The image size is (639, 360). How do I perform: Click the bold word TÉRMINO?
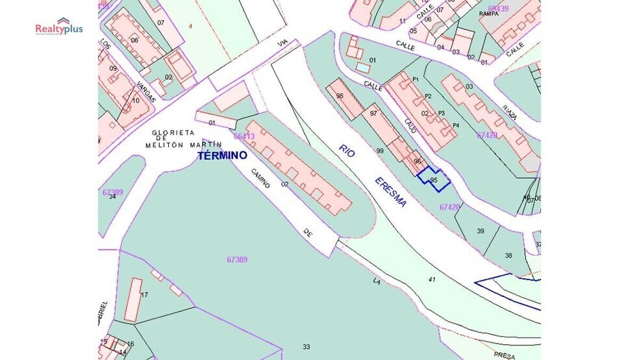tap(222, 156)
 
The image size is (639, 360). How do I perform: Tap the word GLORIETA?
tap(173, 133)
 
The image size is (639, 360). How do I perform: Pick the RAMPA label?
tap(488, 13)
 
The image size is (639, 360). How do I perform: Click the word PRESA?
tap(504, 355)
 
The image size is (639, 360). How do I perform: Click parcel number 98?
tap(339, 96)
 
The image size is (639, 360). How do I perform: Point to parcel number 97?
tap(373, 114)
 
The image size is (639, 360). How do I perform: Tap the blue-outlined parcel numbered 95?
tap(434, 179)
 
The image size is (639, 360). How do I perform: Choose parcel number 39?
tap(481, 231)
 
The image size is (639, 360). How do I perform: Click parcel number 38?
tap(508, 255)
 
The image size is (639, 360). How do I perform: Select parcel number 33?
tap(306, 346)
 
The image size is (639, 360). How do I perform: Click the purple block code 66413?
tap(244, 136)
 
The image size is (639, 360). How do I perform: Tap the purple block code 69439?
tap(499, 8)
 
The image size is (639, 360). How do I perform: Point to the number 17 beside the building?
tap(144, 294)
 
